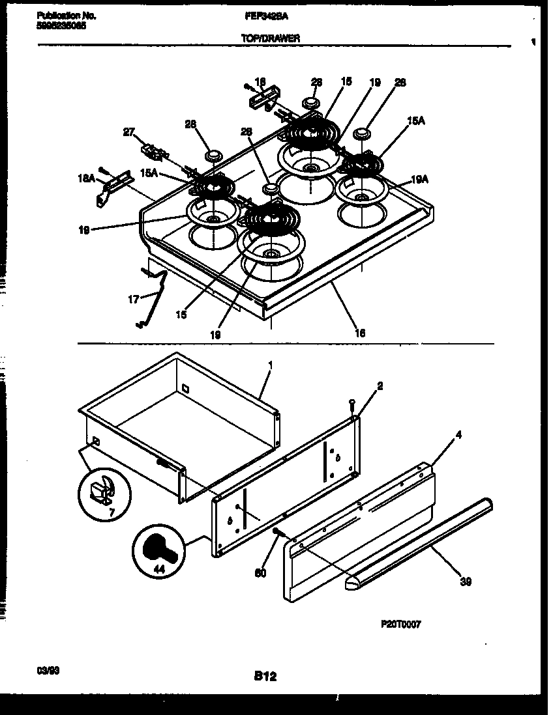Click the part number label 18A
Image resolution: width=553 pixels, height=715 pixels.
tap(87, 176)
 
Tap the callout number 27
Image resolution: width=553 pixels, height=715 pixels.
tap(129, 132)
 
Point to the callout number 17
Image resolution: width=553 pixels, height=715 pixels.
tap(133, 300)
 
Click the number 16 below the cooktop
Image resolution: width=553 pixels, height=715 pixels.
tap(359, 333)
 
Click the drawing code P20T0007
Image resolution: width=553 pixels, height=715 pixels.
tap(400, 624)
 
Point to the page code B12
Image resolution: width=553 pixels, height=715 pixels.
tap(265, 677)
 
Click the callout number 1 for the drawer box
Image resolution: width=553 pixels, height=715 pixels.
tap(270, 365)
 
